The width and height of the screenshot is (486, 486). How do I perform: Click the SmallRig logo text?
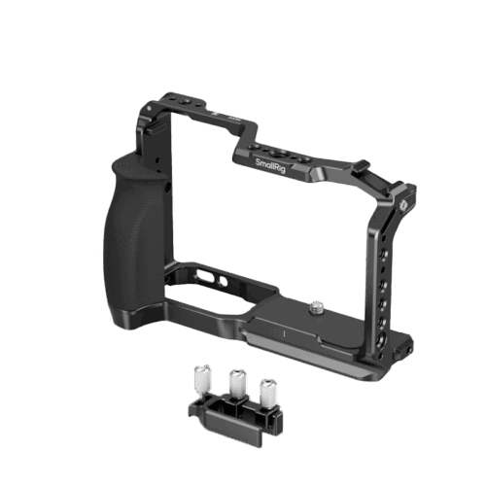(x=270, y=166)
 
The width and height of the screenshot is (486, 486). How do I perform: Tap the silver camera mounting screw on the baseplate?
(x=315, y=307)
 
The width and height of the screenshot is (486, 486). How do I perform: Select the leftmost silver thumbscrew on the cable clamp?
(x=203, y=378)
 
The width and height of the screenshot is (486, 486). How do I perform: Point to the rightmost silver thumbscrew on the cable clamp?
(x=268, y=393)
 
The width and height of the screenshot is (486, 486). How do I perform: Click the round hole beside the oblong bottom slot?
(x=224, y=281)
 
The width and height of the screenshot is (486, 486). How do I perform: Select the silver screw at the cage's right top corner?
(x=403, y=205)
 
